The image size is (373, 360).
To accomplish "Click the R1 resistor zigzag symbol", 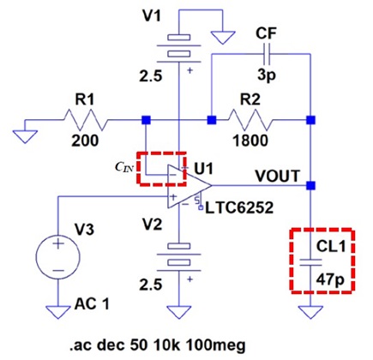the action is coord(85,120).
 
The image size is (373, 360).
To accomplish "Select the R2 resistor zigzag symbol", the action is coord(250,120).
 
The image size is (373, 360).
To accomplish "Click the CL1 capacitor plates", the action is coord(310,262).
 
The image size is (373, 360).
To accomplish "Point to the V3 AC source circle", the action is coord(58,257).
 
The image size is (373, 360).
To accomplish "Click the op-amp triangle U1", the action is coord(190,186).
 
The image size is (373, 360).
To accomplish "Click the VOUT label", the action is coord(278,176).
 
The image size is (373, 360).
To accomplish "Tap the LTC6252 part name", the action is coord(239,208).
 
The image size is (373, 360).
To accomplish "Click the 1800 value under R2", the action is coord(250,141).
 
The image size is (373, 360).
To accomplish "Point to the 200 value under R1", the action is coord(85,141).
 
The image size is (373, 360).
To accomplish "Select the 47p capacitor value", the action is coord(330,280).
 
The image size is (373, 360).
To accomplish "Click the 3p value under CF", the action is coord(267,75).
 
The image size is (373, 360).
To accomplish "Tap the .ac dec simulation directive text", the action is coord(158,345).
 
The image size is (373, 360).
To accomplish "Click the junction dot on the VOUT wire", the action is coord(310,186).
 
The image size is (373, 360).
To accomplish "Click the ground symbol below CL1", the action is coord(310,312).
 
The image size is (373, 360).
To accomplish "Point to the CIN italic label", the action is coord(124,167).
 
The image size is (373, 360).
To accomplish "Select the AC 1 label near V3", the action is coord(92,303).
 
